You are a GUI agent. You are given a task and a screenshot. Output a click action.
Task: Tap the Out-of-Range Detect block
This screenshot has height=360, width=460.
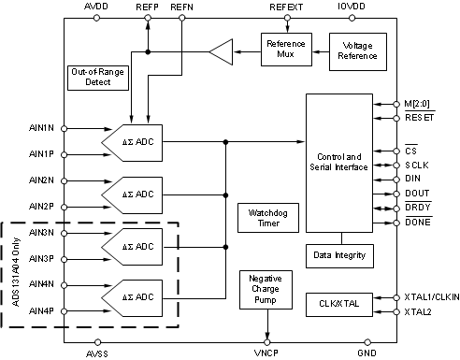(99, 78)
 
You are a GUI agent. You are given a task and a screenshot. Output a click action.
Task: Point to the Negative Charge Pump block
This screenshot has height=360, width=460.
(267, 289)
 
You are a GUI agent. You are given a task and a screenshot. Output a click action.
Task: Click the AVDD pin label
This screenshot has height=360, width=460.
(96, 7)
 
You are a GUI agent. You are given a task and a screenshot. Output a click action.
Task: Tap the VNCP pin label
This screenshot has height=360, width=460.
(268, 353)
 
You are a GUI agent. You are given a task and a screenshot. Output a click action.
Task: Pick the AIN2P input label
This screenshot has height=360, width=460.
(41, 206)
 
